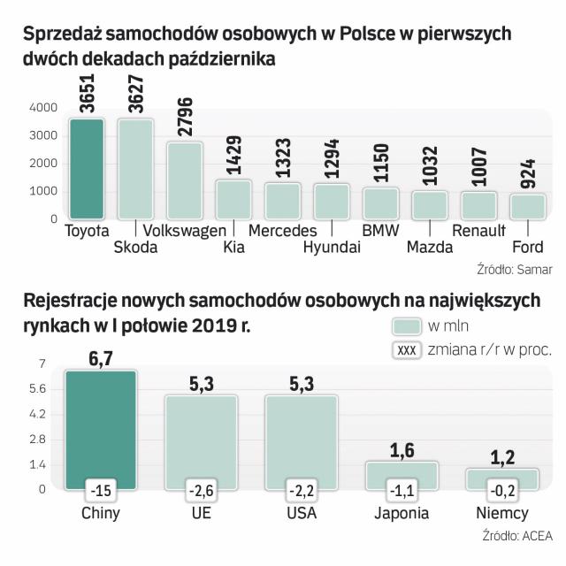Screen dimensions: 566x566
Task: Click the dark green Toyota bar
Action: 87,168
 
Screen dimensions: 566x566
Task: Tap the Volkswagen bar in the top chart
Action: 184,180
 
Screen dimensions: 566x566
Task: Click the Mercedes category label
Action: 283,231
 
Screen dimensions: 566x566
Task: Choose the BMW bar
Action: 381,203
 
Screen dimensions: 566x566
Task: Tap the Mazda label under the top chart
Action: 430,247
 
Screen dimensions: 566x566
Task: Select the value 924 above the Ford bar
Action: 526,175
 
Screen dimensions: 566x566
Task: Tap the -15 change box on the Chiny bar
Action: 100,488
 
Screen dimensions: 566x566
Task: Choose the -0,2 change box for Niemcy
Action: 502,488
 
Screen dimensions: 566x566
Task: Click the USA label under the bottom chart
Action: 302,513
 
